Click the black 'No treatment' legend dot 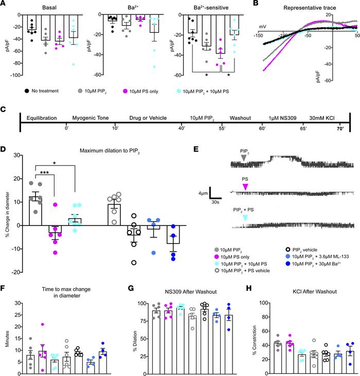(x=25, y=90)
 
